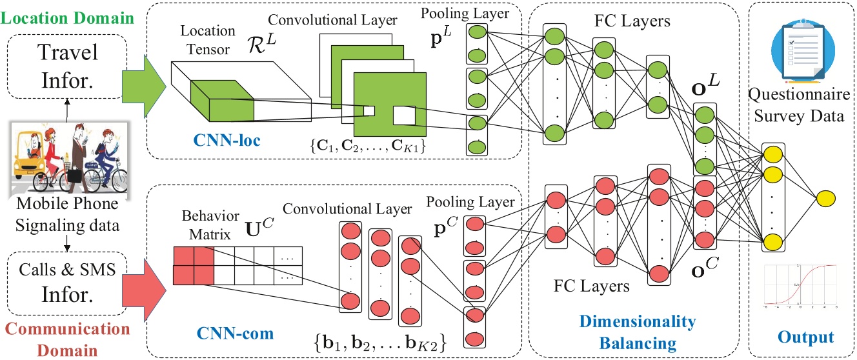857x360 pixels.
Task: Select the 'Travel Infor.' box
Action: click(66, 66)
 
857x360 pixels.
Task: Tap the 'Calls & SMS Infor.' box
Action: click(66, 283)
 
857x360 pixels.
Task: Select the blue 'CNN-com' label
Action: click(237, 334)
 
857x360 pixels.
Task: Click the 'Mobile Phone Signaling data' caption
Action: click(67, 212)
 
